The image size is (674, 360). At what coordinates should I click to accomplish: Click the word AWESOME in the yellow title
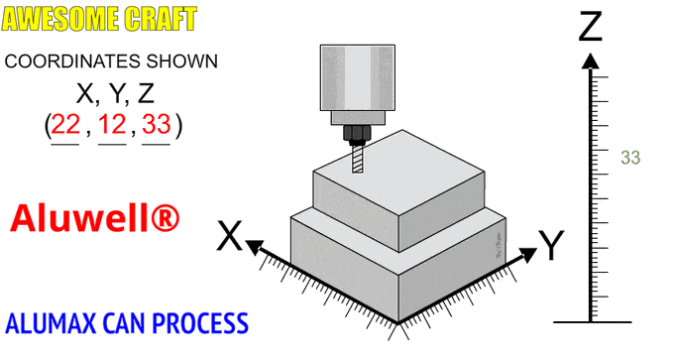(60, 19)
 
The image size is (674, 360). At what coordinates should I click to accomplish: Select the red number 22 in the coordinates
(65, 124)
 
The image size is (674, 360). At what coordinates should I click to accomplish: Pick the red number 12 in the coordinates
(112, 124)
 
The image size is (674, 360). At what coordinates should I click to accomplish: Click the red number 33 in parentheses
(157, 124)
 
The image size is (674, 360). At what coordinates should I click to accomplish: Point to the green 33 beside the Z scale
(630, 158)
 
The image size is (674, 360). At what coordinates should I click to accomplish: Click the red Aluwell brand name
(94, 218)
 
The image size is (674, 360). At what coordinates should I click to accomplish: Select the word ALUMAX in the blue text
(51, 323)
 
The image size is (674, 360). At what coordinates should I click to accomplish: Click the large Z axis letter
(590, 27)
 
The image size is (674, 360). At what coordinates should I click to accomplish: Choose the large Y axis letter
(551, 245)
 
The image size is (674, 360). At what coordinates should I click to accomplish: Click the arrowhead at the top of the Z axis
(590, 61)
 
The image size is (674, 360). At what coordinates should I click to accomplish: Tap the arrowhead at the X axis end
(254, 247)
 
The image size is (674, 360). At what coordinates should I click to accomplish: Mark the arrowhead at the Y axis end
(528, 255)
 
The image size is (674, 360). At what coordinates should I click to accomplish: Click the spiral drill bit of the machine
(358, 159)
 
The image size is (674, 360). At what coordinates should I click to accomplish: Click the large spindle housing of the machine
(358, 77)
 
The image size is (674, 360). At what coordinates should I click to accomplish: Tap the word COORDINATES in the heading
(72, 61)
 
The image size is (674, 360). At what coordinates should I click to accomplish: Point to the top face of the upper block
(399, 172)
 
